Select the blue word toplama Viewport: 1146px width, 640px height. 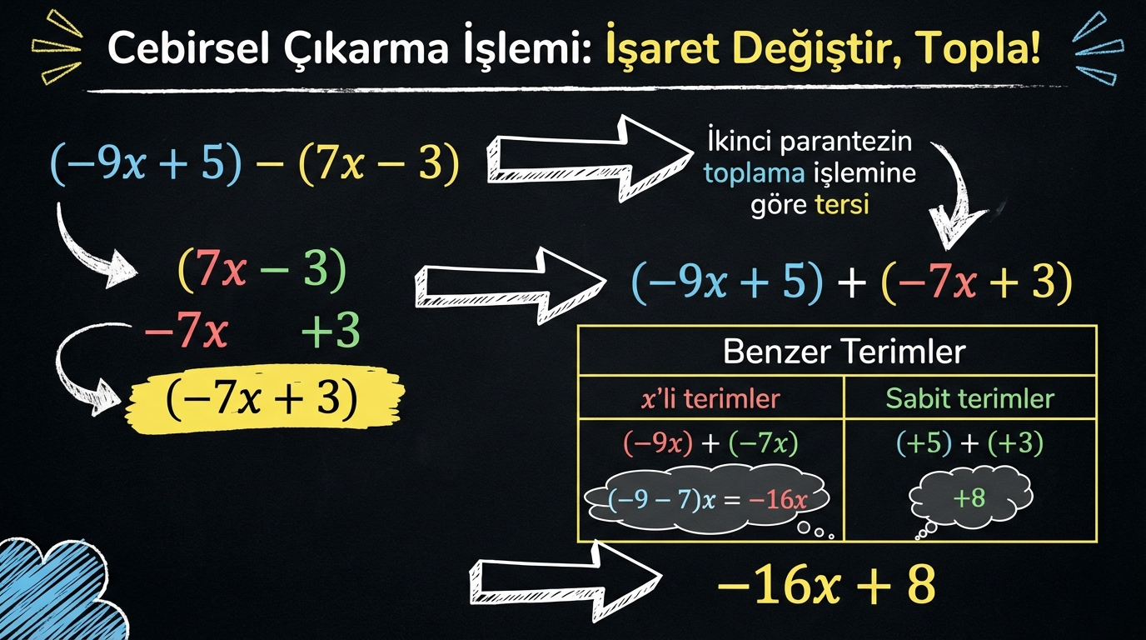click(754, 174)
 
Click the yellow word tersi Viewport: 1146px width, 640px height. click(841, 205)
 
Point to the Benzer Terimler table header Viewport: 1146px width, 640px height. click(845, 352)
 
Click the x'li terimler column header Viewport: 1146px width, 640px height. click(710, 398)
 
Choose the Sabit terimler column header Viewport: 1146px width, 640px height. click(969, 398)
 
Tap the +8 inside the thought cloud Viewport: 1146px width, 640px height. click(969, 497)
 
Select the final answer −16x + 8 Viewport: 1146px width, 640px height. click(826, 584)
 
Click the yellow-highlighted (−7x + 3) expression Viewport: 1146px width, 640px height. click(262, 398)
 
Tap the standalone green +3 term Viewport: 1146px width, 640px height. click(331, 331)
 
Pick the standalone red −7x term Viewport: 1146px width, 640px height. click(187, 332)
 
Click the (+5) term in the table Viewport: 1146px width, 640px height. click(924, 442)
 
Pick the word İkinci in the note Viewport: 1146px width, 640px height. click(740, 142)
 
